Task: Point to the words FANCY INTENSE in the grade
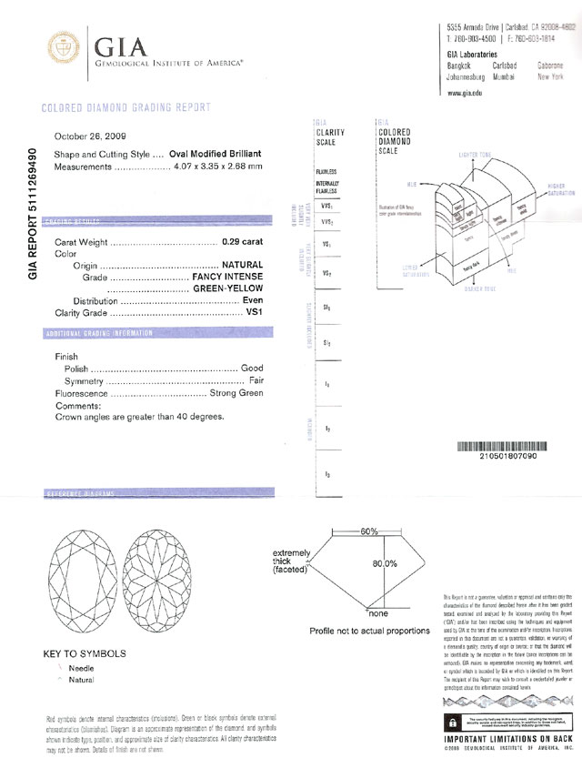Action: point(226,276)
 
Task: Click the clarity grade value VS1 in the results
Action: point(255,311)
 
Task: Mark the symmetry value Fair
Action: point(256,381)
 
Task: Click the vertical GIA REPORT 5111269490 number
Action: point(34,212)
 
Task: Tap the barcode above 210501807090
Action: point(501,447)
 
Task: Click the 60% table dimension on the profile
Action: point(368,530)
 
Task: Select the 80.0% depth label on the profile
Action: point(385,563)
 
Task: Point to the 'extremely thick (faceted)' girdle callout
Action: point(293,565)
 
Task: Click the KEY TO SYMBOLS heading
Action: point(85,653)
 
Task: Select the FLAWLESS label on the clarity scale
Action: point(326,171)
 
